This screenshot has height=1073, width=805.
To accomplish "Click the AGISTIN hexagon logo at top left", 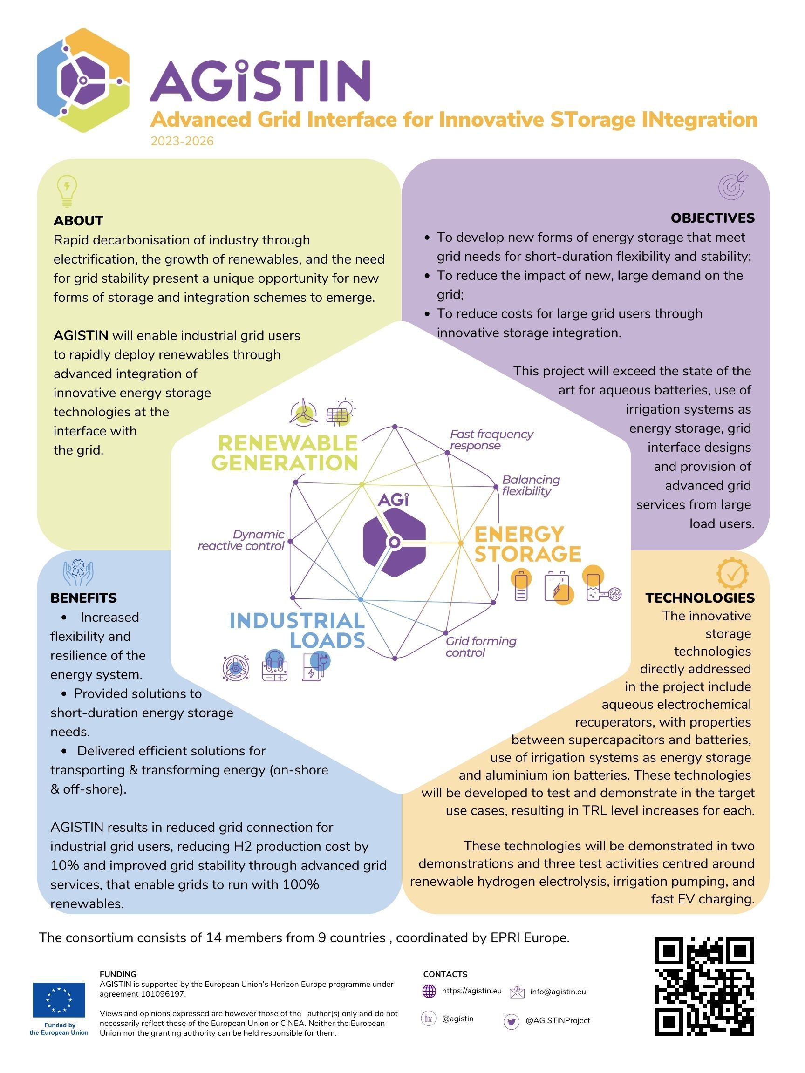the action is (x=83, y=81).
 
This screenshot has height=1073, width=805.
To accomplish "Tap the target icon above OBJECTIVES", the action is (x=733, y=185).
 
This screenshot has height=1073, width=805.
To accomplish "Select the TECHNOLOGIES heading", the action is (x=700, y=598).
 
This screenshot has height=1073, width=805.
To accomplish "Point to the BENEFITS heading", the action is (x=83, y=598).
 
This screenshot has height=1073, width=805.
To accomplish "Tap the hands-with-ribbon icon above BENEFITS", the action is (x=78, y=572).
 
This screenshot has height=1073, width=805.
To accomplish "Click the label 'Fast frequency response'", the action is (x=491, y=440).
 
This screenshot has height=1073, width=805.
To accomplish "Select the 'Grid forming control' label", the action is (x=481, y=646).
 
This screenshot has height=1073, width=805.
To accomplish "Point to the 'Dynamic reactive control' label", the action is (x=241, y=540).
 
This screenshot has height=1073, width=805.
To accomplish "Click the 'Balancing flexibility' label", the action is (x=531, y=485).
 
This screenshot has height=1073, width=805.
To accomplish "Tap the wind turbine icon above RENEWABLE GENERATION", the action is (x=303, y=413).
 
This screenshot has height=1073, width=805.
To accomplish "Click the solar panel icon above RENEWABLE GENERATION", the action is (x=341, y=412).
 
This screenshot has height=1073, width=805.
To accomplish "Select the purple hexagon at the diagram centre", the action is (x=395, y=541).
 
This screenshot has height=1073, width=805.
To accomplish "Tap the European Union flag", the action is (x=59, y=1000).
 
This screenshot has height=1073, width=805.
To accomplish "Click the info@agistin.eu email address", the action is (x=558, y=992).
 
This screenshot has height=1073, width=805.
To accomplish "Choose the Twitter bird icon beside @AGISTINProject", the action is (x=511, y=1022).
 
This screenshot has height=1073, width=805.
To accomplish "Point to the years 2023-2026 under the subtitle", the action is (x=182, y=141).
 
